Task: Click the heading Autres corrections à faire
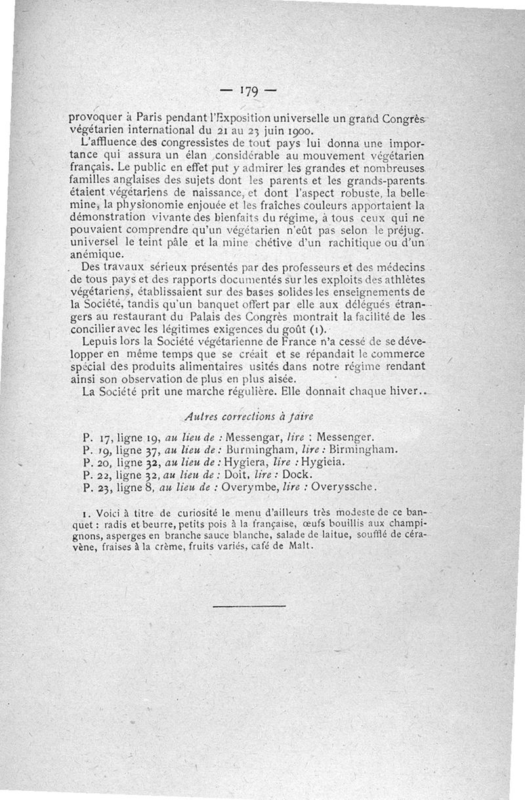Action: (249, 416)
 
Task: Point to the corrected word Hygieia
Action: (320, 462)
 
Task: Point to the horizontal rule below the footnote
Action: (249, 605)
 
